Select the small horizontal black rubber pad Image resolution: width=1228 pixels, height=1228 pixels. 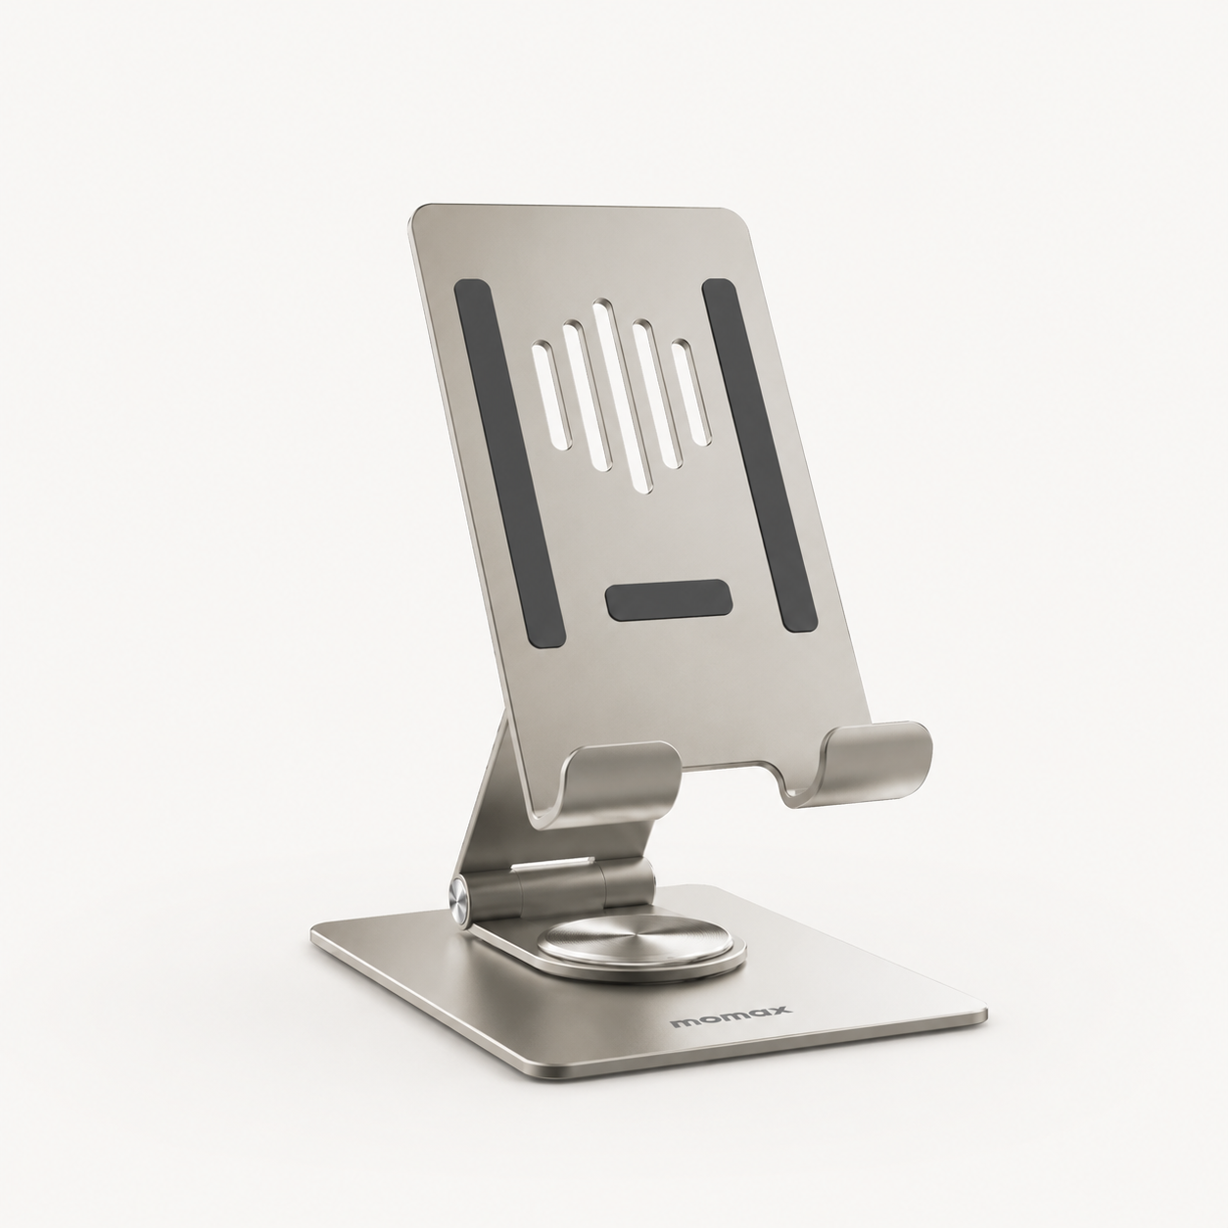(x=667, y=599)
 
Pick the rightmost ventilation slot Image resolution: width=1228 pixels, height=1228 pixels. (x=692, y=392)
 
